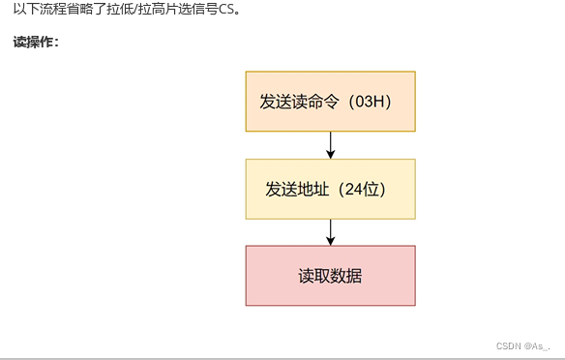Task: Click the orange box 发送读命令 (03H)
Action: click(330, 101)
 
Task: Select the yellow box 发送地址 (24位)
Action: click(330, 189)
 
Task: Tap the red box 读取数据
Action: click(330, 276)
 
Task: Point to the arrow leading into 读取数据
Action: click(331, 232)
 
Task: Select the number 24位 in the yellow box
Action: click(370, 189)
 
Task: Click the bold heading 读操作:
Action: click(36, 43)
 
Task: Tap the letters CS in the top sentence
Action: click(229, 10)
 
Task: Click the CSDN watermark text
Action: click(509, 345)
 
